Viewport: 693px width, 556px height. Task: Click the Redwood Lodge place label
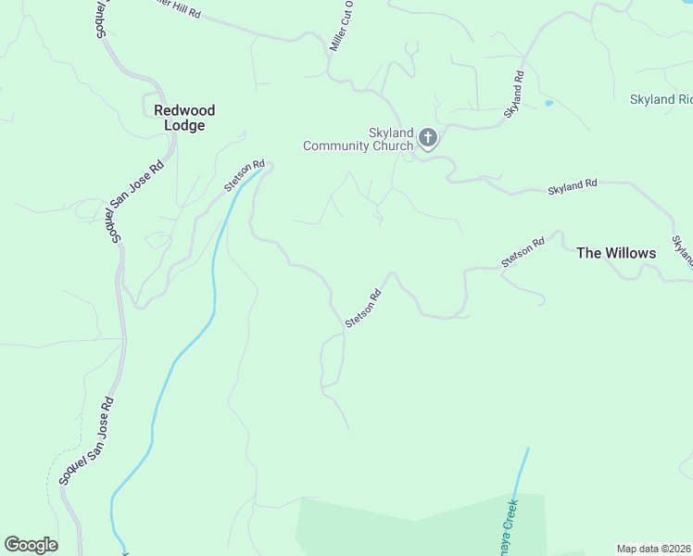point(184,118)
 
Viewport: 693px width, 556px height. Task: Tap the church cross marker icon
point(428,139)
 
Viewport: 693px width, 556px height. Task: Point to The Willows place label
point(616,253)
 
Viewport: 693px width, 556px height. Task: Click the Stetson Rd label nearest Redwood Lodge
point(245,176)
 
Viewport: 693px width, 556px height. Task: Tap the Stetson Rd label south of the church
point(363,310)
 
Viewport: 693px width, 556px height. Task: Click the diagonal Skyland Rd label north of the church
point(514,94)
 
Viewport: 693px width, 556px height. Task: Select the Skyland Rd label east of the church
point(573,186)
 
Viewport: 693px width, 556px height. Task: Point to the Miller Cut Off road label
point(343,29)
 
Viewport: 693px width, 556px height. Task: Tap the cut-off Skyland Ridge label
point(661,99)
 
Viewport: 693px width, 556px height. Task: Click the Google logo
point(31,545)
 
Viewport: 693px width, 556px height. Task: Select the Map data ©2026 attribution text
point(652,549)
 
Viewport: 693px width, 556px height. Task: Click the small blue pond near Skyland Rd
point(548,102)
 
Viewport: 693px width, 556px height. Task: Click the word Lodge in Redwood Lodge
point(184,126)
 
